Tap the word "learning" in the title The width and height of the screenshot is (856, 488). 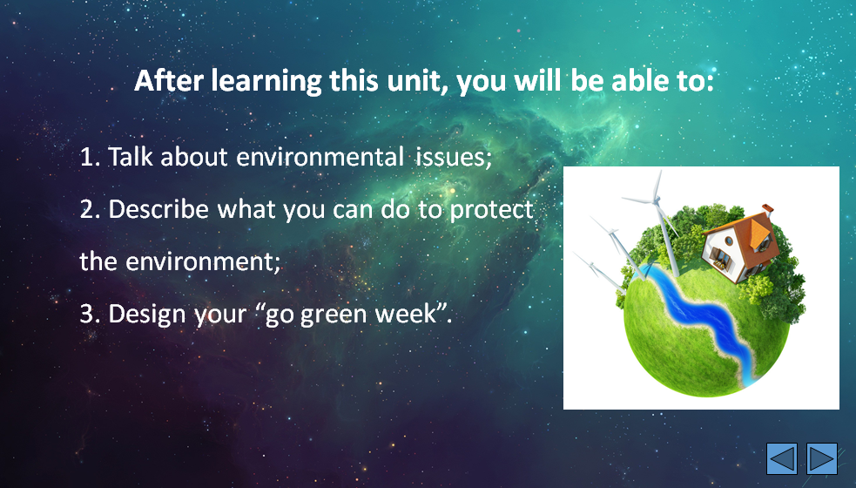(267, 82)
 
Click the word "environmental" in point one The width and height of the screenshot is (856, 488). (320, 157)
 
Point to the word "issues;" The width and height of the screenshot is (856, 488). (455, 158)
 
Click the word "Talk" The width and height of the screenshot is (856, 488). (131, 157)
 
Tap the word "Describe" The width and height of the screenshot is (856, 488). (158, 209)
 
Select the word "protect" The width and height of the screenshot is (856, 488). (491, 210)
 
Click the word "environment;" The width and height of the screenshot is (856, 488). (203, 261)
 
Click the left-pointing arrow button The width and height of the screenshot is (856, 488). (782, 458)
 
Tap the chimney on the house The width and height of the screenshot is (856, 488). (767, 209)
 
